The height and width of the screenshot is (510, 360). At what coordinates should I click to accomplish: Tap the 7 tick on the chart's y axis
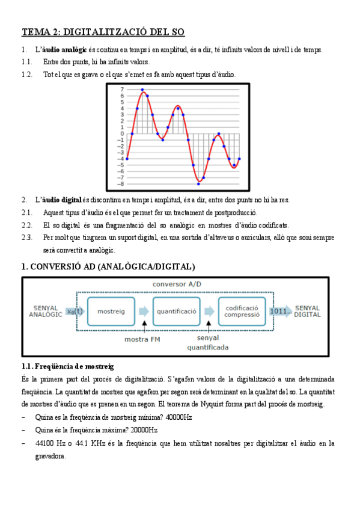(122, 90)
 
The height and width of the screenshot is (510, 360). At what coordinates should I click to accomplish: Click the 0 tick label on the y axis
(122, 134)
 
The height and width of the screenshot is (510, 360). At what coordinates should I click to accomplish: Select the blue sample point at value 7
(142, 90)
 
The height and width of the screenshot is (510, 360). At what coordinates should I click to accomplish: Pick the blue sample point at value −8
(198, 183)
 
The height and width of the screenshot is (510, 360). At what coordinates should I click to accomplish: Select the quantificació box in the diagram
(177, 312)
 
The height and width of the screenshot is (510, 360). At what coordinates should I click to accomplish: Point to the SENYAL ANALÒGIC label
(45, 311)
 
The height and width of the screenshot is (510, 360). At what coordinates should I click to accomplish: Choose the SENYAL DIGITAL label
(308, 311)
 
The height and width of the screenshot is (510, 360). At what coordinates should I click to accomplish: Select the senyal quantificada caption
(208, 343)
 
